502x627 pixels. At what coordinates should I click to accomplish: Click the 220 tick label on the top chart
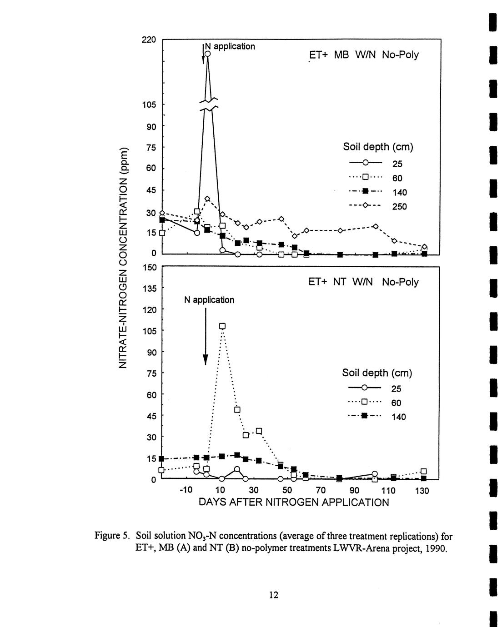click(149, 40)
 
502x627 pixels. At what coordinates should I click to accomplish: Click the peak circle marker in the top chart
click(208, 54)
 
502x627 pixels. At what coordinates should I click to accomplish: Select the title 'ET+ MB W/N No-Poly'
click(363, 55)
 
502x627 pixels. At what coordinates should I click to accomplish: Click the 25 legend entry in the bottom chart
click(396, 388)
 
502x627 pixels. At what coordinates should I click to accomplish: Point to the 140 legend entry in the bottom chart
click(398, 417)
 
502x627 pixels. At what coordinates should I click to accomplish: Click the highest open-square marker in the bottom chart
click(222, 326)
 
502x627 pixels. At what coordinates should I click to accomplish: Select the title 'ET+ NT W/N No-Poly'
click(363, 282)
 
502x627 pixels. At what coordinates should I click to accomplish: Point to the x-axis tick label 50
click(287, 491)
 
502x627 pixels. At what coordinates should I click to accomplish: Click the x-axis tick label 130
click(422, 491)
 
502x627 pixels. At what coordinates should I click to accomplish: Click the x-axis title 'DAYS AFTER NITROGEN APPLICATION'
click(294, 503)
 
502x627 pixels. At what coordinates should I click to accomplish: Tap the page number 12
click(273, 595)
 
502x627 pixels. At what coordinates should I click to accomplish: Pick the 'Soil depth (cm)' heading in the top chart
click(377, 147)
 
